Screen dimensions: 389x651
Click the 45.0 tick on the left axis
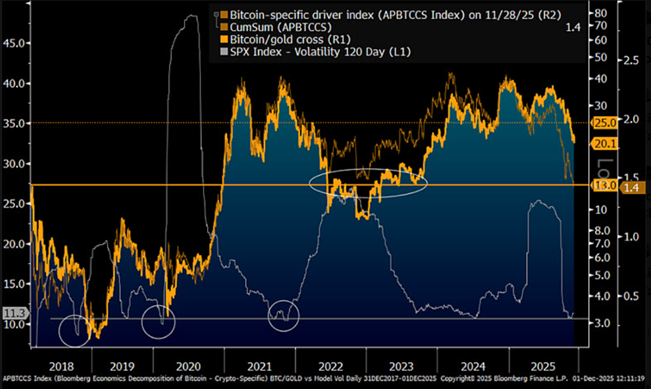(14, 43)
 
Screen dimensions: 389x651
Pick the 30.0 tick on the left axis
(14, 163)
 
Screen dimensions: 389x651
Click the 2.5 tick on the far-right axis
(631, 60)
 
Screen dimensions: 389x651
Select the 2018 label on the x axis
(61, 366)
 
